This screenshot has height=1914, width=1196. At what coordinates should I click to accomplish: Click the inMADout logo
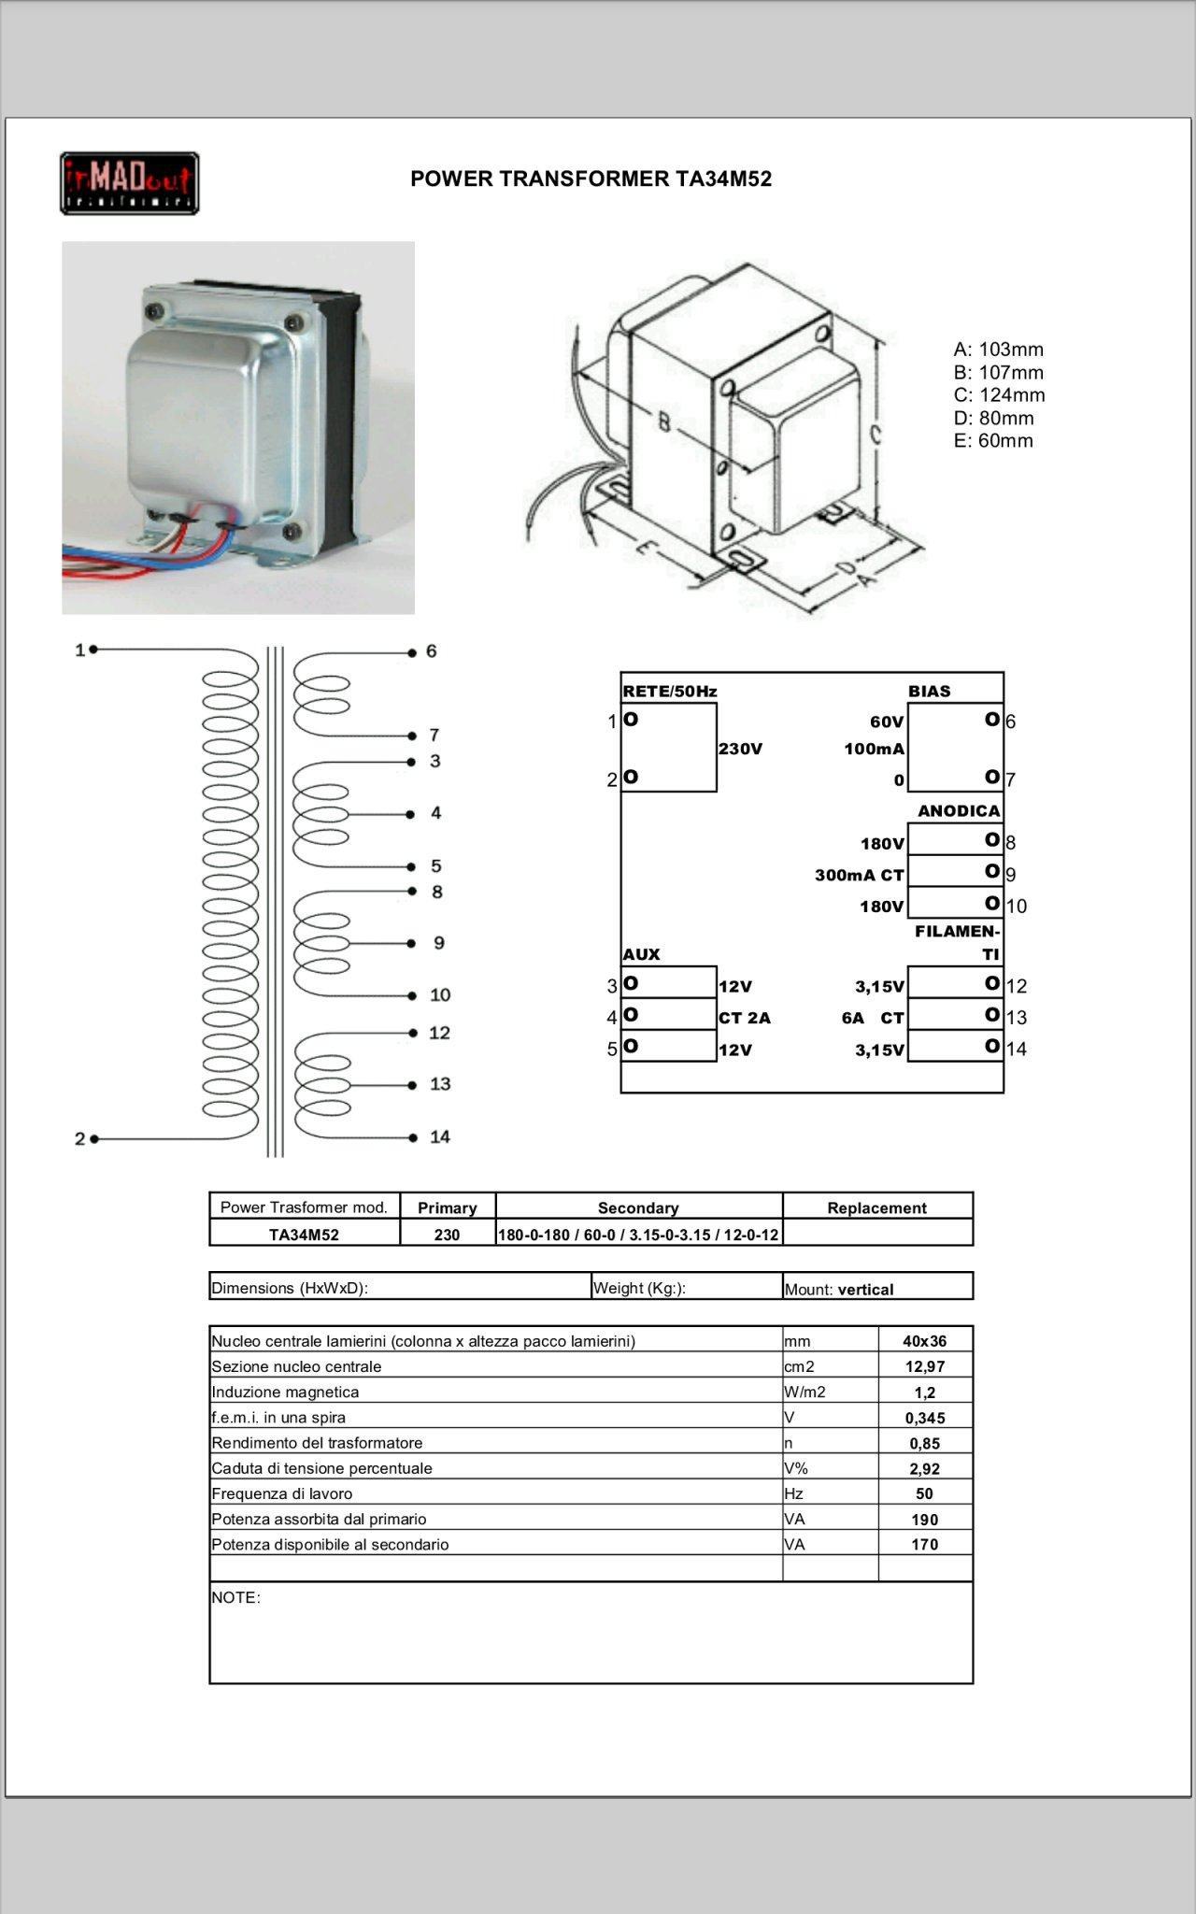click(x=129, y=183)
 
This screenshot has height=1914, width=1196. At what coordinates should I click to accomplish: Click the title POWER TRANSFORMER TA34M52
click(x=591, y=179)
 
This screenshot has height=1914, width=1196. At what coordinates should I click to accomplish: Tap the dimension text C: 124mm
click(x=999, y=395)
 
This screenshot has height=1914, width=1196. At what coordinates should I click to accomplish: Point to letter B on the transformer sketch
click(x=663, y=422)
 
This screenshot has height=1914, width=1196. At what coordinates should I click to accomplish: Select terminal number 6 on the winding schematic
click(x=431, y=651)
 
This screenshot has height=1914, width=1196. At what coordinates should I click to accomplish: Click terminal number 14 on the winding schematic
click(x=439, y=1137)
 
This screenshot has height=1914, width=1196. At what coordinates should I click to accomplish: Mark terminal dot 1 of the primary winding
click(x=93, y=649)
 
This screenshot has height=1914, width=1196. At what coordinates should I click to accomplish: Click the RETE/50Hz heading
click(x=669, y=692)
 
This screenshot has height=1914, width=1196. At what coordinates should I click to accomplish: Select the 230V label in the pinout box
click(x=740, y=750)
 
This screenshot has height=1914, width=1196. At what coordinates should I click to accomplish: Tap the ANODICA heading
click(x=959, y=811)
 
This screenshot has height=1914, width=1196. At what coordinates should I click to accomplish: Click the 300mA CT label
click(x=859, y=876)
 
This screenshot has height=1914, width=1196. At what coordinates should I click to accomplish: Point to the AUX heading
click(x=641, y=954)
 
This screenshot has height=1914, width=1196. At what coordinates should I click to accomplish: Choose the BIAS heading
click(x=929, y=692)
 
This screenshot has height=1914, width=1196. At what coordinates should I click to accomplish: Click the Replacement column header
click(x=876, y=1207)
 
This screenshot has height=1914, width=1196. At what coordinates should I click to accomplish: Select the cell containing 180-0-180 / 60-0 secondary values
click(x=638, y=1235)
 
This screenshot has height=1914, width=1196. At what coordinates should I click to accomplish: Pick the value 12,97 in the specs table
click(x=924, y=1366)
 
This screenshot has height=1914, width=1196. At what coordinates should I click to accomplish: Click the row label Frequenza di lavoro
click(x=282, y=1493)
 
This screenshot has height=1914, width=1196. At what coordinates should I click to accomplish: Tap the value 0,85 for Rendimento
click(x=924, y=1443)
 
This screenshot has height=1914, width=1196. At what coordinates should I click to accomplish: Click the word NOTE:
click(x=235, y=1598)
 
